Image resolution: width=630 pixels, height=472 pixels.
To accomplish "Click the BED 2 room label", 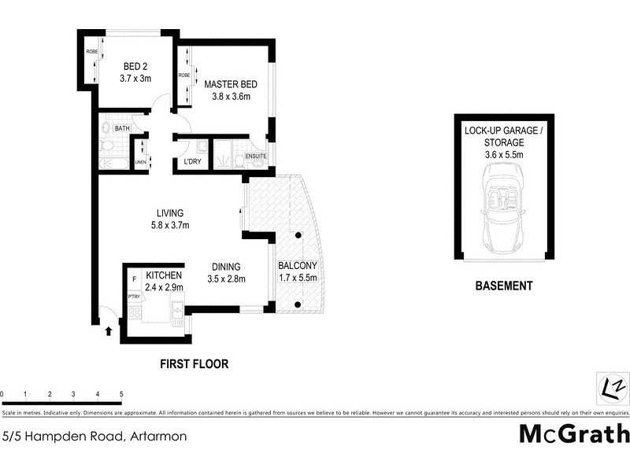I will (135, 66).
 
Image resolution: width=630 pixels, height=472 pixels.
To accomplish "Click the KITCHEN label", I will (164, 275).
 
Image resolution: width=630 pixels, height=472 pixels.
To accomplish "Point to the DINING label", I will (225, 267).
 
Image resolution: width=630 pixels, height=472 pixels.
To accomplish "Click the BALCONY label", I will (298, 265).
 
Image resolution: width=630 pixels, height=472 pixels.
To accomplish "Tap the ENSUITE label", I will (257, 157).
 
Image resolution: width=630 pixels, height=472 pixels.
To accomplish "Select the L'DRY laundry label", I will (191, 162).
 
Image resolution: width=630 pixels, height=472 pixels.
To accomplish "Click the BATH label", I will (122, 128).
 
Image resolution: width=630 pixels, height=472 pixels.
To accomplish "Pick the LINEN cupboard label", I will (140, 162).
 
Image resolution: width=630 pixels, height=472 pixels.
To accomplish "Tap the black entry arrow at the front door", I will (108, 332).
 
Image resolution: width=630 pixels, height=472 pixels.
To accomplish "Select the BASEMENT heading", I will (504, 286).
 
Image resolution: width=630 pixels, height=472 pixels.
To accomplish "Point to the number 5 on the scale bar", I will (121, 393).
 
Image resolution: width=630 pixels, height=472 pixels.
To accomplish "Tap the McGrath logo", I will (574, 433).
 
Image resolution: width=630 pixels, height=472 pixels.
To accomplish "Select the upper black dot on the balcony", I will (299, 235).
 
